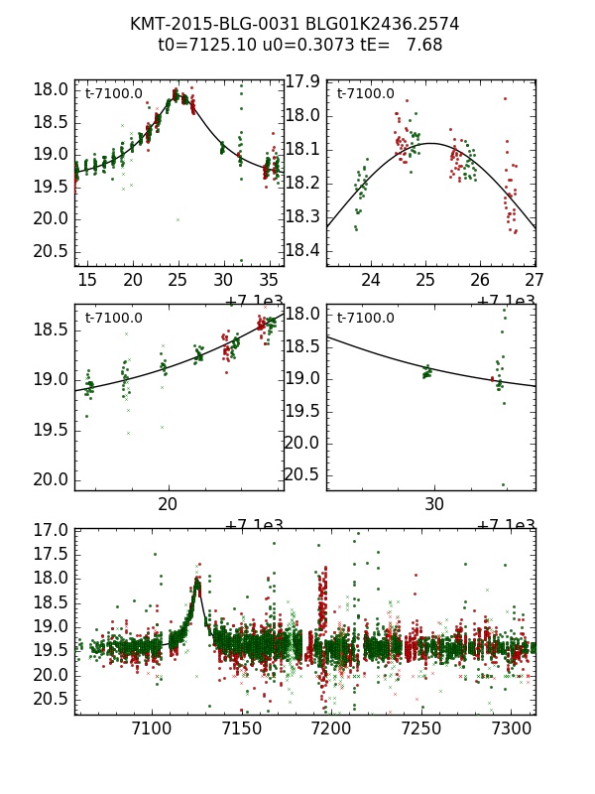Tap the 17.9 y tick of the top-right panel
[302, 81]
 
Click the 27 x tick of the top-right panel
[535, 281]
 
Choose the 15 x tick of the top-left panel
[87, 281]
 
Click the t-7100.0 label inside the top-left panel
[113, 94]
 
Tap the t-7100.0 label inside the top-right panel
[365, 94]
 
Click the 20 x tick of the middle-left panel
[169, 505]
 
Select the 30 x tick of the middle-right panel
[434, 505]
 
